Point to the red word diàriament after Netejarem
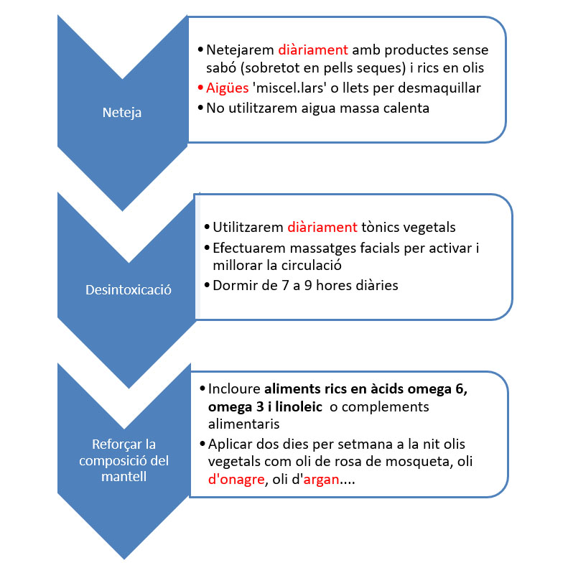coord(312,50)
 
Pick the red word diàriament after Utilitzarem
coord(322,228)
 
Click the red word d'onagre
coord(234,480)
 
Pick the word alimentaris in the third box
coord(243,424)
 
